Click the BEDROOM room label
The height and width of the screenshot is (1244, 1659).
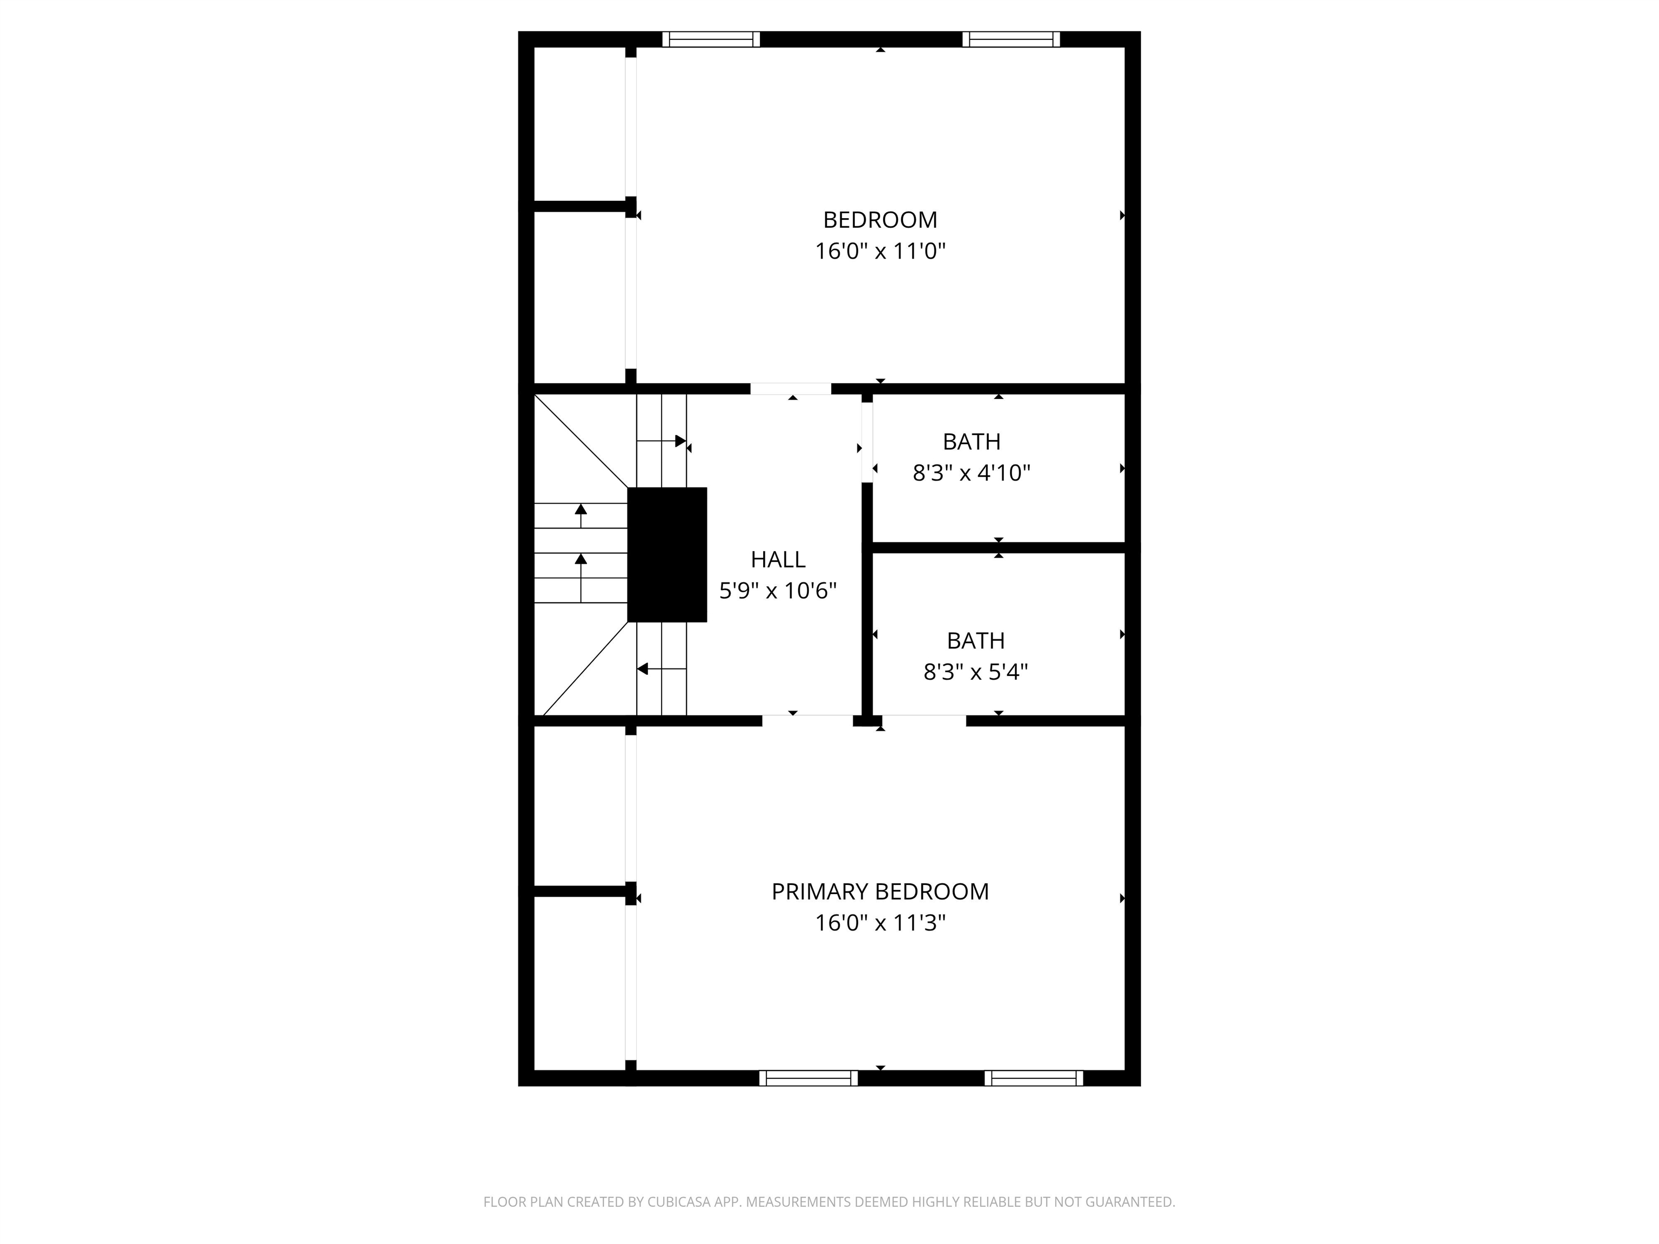click(x=880, y=220)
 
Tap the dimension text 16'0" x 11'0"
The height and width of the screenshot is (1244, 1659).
click(x=880, y=251)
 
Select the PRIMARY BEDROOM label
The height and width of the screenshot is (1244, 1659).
click(x=880, y=891)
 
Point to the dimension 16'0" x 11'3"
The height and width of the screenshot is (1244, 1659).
click(x=880, y=923)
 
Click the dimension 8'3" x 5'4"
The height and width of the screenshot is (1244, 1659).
click(x=975, y=672)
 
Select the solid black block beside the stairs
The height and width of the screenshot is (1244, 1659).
click(x=667, y=555)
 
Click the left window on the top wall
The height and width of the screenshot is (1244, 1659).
click(x=711, y=39)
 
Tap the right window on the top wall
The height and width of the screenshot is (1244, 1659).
click(x=1011, y=39)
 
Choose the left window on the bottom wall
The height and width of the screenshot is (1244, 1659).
click(x=808, y=1078)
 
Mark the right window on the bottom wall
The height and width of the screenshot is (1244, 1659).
click(x=1034, y=1078)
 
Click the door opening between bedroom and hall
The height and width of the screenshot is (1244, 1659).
click(x=791, y=388)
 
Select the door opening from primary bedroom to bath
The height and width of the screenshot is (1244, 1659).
click(x=924, y=721)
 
